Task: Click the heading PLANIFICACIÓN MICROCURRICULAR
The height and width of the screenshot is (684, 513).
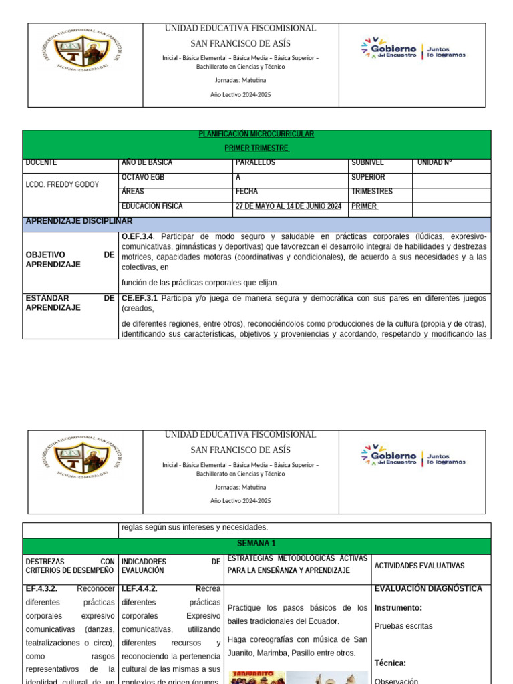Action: (x=256, y=134)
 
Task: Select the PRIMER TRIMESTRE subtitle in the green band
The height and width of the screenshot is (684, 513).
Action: (x=256, y=148)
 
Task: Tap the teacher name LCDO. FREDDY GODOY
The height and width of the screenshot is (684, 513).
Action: (x=62, y=184)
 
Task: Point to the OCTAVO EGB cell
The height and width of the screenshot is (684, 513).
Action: (x=143, y=177)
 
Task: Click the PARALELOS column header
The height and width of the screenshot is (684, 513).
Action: (x=256, y=162)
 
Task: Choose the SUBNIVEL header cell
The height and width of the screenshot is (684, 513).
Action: (x=367, y=162)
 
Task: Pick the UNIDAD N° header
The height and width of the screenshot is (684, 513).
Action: (x=435, y=162)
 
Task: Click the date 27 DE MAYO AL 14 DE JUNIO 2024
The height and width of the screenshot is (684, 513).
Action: (x=289, y=206)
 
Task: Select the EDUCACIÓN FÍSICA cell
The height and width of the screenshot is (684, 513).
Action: (x=152, y=206)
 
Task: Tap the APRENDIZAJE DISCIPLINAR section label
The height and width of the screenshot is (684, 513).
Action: (x=79, y=221)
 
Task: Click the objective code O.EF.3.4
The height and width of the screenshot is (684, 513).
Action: (x=138, y=236)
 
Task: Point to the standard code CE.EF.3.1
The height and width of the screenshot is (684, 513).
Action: (x=140, y=298)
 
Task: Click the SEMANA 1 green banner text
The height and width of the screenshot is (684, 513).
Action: (x=256, y=544)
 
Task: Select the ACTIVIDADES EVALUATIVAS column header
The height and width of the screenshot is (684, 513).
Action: (x=419, y=566)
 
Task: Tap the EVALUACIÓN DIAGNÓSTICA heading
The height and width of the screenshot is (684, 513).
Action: (x=428, y=588)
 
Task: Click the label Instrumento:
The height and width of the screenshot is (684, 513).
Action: (x=398, y=608)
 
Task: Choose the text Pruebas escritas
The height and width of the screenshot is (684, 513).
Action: (x=403, y=626)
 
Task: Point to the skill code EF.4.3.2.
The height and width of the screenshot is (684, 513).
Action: (x=41, y=589)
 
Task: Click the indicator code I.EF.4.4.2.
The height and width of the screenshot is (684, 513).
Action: (x=140, y=589)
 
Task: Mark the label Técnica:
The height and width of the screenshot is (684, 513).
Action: (x=390, y=663)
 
